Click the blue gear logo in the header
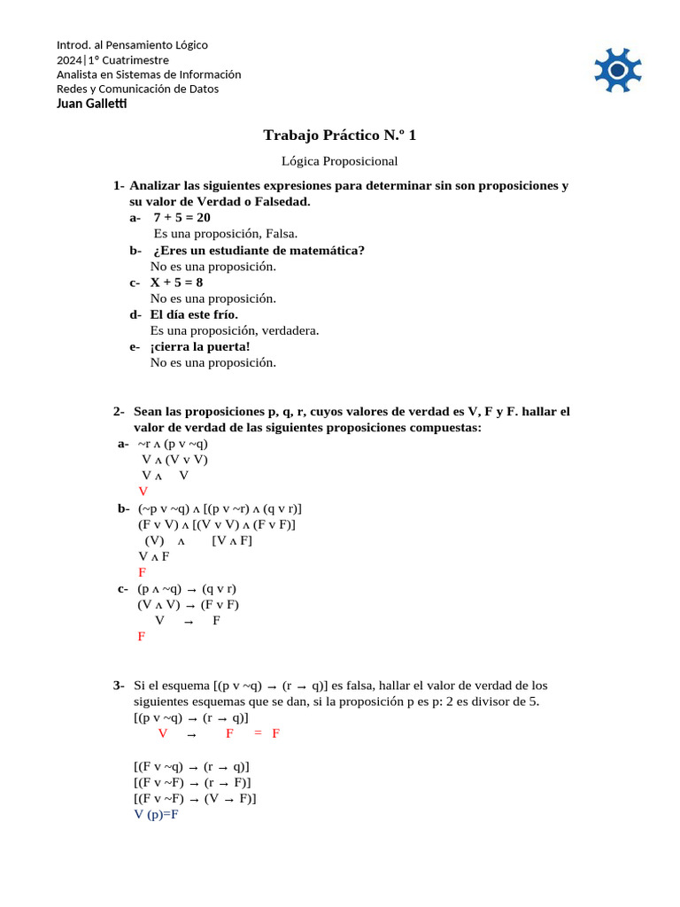(x=617, y=71)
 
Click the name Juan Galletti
(x=91, y=104)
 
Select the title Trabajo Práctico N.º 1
(x=339, y=136)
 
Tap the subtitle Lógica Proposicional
(x=339, y=161)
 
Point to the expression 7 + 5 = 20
(x=182, y=218)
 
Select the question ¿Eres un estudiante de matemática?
(x=257, y=251)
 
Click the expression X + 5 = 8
(x=176, y=283)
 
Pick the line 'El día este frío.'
(x=194, y=314)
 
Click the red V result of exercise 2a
(x=143, y=492)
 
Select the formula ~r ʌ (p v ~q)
(x=173, y=444)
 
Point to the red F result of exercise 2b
(x=143, y=572)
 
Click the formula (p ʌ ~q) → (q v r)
(x=187, y=589)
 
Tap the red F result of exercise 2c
(x=142, y=637)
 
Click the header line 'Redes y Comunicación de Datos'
(x=137, y=89)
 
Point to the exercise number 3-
(x=119, y=686)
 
